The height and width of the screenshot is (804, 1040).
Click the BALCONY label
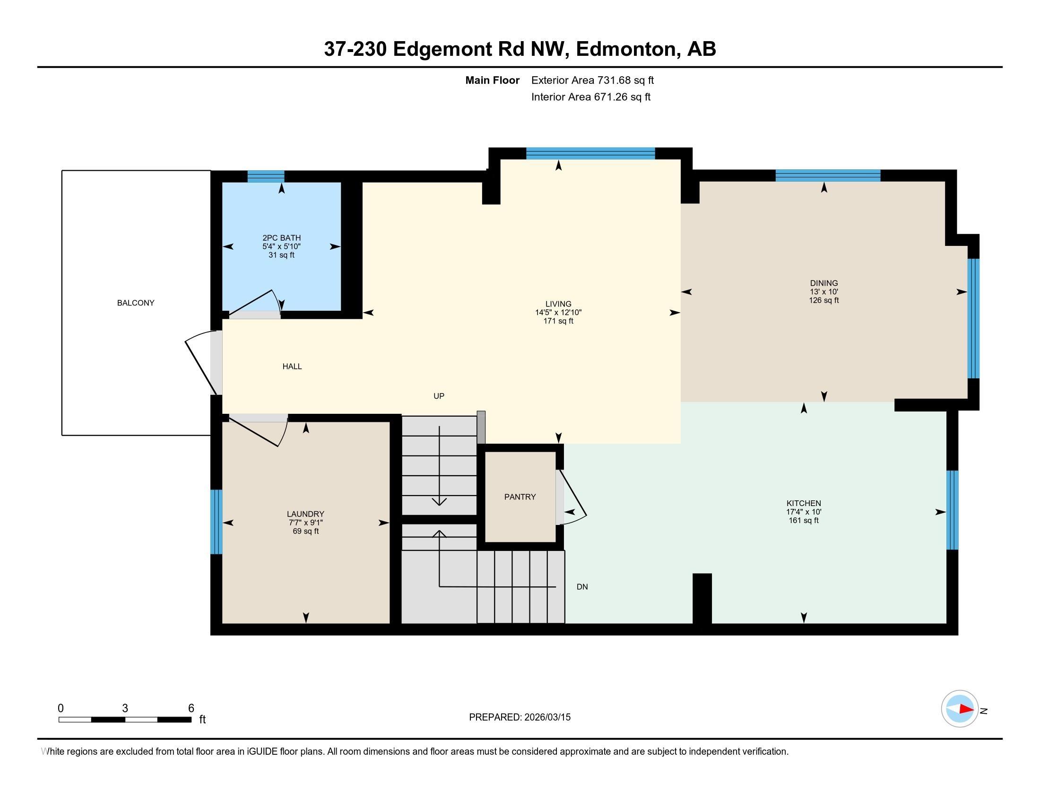tap(136, 303)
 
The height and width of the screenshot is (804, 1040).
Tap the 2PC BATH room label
tap(281, 238)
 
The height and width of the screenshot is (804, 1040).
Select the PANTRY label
tap(520, 497)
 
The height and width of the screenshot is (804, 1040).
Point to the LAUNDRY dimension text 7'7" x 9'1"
tap(306, 523)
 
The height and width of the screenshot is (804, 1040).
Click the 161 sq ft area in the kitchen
tap(804, 521)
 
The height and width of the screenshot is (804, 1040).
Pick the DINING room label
tap(824, 283)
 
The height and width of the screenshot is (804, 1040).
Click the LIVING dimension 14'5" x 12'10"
tap(559, 313)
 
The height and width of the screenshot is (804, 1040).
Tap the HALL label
tap(292, 366)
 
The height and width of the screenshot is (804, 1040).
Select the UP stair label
tap(439, 396)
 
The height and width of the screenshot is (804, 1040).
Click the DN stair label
tap(582, 587)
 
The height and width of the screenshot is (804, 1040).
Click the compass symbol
tap(960, 709)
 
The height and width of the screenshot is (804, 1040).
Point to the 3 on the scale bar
tap(125, 708)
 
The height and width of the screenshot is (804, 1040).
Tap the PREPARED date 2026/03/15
tap(547, 717)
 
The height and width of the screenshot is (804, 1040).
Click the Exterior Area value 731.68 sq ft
tap(625, 80)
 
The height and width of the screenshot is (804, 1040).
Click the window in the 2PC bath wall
tap(266, 176)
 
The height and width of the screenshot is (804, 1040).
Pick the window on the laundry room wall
tap(216, 522)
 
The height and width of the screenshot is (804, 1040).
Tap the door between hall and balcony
tap(204, 362)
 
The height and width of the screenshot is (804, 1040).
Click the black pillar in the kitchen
tap(702, 598)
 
